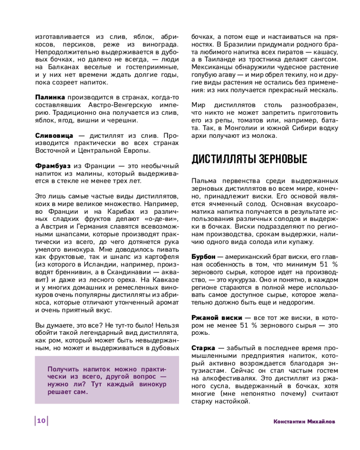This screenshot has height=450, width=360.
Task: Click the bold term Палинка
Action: coord(50,98)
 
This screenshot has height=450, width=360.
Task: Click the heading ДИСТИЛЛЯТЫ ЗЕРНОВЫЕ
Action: coord(249,159)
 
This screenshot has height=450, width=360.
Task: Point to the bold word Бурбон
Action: coord(204,256)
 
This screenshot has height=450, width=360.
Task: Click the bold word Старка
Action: coord(202,348)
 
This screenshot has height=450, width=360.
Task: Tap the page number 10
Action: coord(41,421)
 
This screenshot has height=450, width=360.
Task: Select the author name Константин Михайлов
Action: coord(305,421)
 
